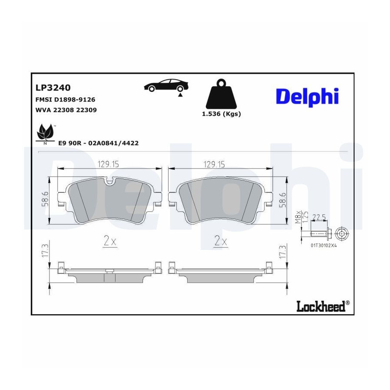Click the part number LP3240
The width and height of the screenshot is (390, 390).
click(53, 88)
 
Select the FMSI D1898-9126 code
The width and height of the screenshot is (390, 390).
click(65, 100)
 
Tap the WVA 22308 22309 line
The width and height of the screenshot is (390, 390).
click(66, 110)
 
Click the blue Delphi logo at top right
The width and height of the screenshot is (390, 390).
click(307, 97)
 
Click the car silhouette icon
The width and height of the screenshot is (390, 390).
click(166, 86)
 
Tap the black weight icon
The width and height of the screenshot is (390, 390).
click(221, 94)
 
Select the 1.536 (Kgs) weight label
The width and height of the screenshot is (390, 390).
click(221, 114)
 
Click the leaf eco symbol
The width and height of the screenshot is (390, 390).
click(45, 134)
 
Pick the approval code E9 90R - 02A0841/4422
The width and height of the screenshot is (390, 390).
click(98, 143)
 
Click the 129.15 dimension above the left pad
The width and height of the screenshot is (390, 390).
click(108, 164)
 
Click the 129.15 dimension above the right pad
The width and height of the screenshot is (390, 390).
click(214, 164)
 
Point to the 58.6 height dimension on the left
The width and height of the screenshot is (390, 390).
click(45, 199)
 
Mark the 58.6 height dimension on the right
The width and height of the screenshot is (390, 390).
click(283, 199)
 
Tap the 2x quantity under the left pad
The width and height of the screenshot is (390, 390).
click(110, 241)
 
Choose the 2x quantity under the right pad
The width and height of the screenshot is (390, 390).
click(221, 241)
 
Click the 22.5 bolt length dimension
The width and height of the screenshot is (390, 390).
click(319, 218)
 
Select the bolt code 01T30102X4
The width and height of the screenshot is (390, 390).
click(323, 245)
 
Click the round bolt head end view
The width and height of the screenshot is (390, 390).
click(342, 234)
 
